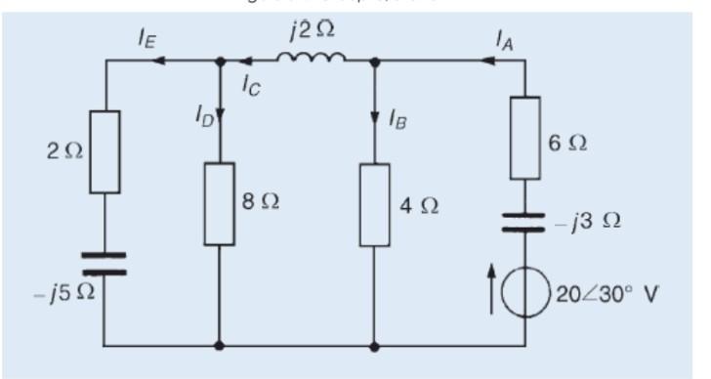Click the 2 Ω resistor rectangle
coord(105,151)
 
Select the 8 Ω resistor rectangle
coord(219,203)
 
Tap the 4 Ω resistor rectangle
coord(375,205)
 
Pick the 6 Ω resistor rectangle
coord(525,138)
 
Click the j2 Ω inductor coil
coord(312,60)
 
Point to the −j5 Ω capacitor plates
coord(105,264)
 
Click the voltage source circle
coord(525,292)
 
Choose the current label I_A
coord(504,39)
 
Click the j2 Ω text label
coord(312,30)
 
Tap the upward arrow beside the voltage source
coord(492,293)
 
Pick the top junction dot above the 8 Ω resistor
coord(219,61)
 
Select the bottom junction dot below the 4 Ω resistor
coord(375,345)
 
